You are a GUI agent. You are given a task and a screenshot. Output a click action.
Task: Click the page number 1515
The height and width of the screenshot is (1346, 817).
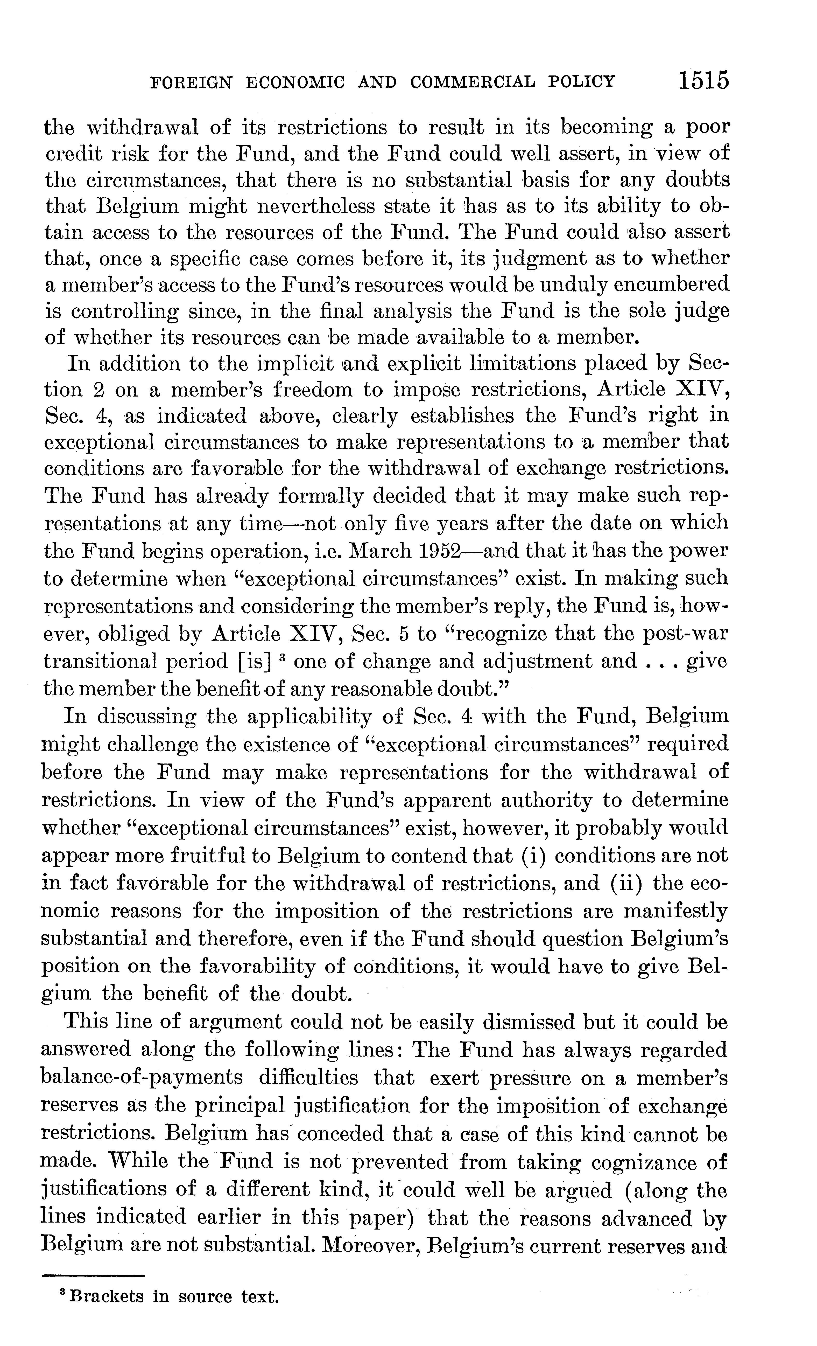click(703, 81)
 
